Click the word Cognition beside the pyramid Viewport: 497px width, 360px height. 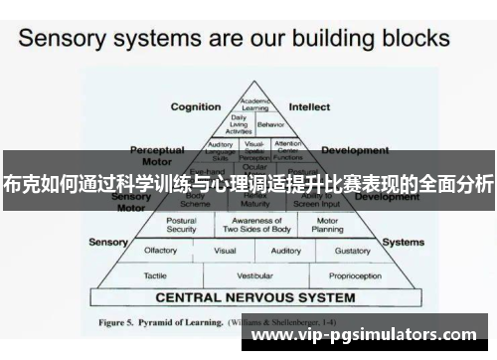click(196, 106)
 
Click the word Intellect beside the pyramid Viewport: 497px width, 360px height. click(310, 106)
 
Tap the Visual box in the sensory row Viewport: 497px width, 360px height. click(225, 251)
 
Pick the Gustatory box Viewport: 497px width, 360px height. click(353, 251)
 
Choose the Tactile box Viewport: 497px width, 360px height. click(155, 275)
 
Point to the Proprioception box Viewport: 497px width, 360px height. click(355, 275)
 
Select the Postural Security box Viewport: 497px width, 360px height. click(181, 224)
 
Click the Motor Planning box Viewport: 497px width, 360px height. click(327, 224)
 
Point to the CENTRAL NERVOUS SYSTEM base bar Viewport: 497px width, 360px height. click(254, 297)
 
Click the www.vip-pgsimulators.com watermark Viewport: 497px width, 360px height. click(394, 337)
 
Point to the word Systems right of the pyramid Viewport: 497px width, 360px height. click(403, 242)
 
